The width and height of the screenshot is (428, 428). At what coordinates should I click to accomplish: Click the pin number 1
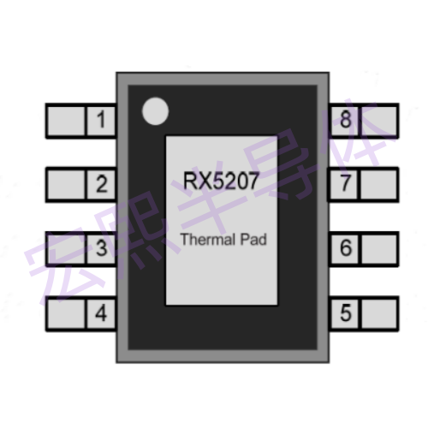101,119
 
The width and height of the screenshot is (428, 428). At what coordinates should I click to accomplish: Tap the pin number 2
102,184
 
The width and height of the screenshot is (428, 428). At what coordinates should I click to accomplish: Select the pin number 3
102,247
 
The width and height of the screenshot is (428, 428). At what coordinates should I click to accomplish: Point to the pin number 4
101,313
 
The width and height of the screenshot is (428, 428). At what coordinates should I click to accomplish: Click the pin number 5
346,313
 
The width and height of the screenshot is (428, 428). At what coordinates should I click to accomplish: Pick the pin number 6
346,247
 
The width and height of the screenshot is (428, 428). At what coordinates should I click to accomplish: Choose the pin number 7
346,183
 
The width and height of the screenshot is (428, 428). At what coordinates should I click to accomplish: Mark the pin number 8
346,119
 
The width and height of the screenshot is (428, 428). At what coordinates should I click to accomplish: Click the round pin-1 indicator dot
155,111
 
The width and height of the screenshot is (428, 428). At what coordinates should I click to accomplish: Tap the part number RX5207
221,181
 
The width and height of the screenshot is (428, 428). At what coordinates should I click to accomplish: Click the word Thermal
208,239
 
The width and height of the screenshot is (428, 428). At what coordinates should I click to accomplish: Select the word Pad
253,239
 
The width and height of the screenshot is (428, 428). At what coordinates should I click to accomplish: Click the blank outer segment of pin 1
66,121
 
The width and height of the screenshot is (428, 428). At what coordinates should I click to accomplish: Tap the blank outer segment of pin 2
66,185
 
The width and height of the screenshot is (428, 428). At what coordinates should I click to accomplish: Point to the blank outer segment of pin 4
66,314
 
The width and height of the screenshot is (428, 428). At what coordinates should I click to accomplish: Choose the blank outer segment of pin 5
379,314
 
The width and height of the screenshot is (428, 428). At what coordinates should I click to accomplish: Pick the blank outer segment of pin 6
379,249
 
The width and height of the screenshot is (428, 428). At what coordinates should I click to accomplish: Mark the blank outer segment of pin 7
379,185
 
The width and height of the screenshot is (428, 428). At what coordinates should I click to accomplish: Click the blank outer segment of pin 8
379,121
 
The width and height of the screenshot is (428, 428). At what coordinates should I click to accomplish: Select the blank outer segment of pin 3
66,249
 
